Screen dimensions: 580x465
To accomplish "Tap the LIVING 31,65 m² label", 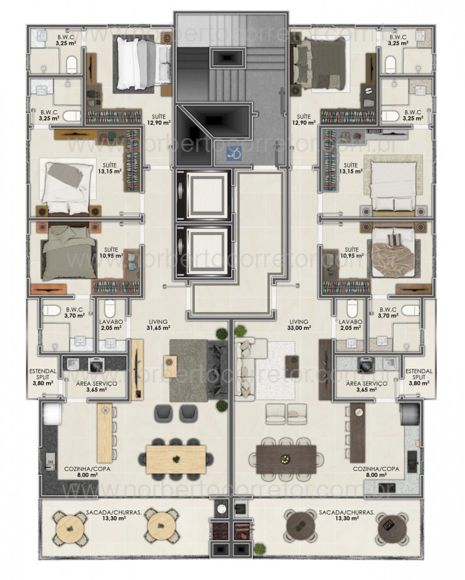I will pyautogui.click(x=158, y=324).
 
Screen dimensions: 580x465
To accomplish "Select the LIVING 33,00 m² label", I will pyautogui.click(x=300, y=324).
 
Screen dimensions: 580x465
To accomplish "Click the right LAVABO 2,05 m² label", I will pyautogui.click(x=350, y=324).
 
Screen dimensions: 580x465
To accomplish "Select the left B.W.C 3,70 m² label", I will pyautogui.click(x=75, y=314).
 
